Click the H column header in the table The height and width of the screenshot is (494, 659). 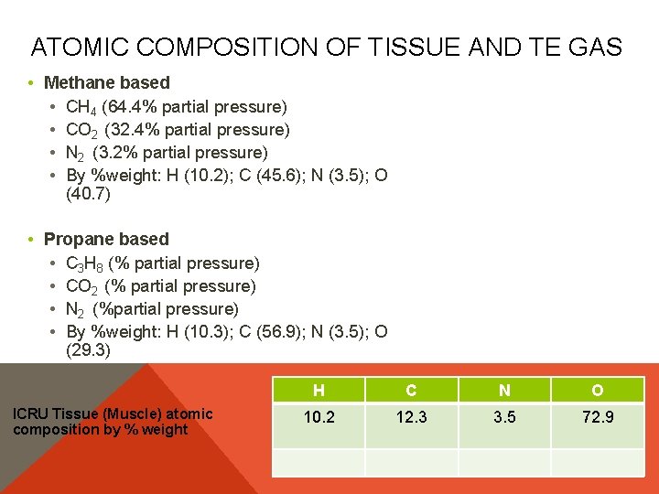tap(319, 391)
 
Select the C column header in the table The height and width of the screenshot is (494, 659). tap(411, 391)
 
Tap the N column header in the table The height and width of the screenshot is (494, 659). tap(504, 391)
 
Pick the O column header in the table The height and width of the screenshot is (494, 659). tap(597, 391)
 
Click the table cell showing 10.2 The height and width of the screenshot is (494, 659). tap(319, 417)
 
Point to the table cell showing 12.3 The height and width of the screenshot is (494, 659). tap(411, 417)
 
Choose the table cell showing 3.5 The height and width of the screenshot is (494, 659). tap(504, 417)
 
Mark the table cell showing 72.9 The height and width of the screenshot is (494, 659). tap(597, 417)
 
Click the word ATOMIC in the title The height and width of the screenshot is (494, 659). tap(76, 48)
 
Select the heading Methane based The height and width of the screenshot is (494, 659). tap(106, 83)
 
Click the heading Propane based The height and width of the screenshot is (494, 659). tap(106, 239)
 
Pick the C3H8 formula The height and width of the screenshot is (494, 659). tap(85, 263)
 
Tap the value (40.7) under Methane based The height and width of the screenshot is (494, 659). tap(89, 194)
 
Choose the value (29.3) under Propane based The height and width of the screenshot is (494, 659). tap(89, 349)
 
